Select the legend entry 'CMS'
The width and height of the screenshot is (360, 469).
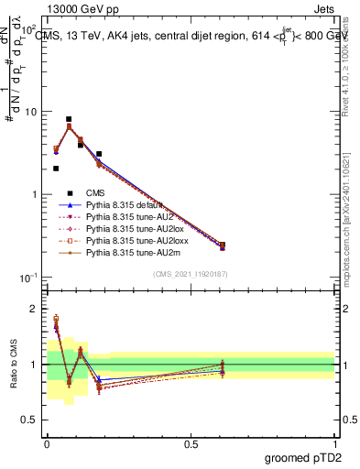click(96, 192)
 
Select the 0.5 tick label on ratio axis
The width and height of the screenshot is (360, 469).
click(29, 420)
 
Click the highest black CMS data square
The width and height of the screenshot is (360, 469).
click(69, 119)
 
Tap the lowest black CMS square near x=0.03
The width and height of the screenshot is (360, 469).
click(56, 169)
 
